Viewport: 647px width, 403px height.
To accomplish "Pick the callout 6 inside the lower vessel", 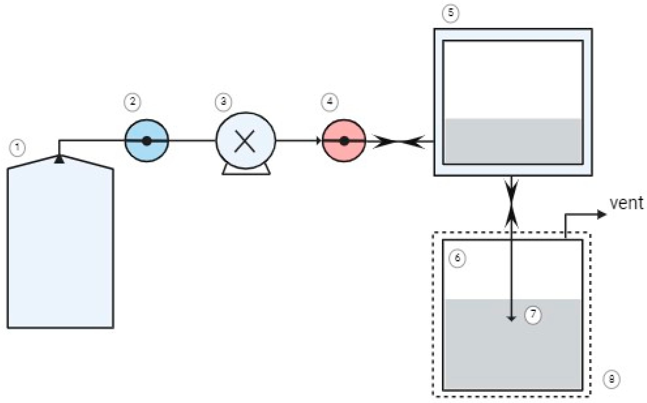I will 457,258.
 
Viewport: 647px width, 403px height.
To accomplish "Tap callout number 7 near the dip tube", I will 533,315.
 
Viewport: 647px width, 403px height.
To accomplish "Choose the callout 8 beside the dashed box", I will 611,379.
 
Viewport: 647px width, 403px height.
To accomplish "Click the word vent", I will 626,203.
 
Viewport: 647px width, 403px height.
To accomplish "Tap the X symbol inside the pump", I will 245,141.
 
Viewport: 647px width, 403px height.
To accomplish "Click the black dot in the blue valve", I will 147,141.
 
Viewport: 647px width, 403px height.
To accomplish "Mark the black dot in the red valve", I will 344,141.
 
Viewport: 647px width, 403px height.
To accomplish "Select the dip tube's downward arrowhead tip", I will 511,319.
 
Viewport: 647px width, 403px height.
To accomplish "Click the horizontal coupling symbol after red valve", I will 398,142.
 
